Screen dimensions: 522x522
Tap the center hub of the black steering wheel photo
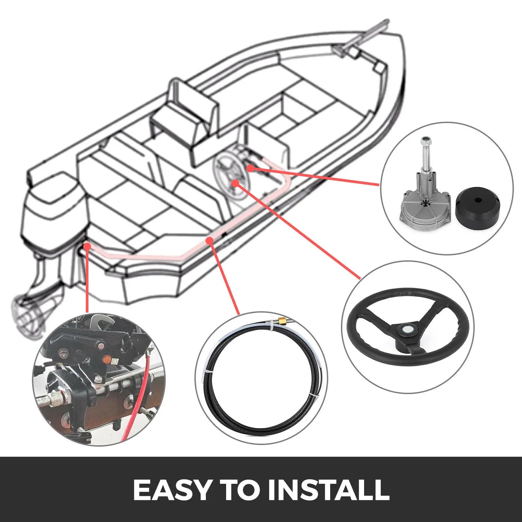[x=407, y=330]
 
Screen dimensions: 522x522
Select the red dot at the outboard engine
[x=87, y=246]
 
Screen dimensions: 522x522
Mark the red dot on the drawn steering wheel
[x=235, y=183]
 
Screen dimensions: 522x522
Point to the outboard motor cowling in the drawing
[x=54, y=210]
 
